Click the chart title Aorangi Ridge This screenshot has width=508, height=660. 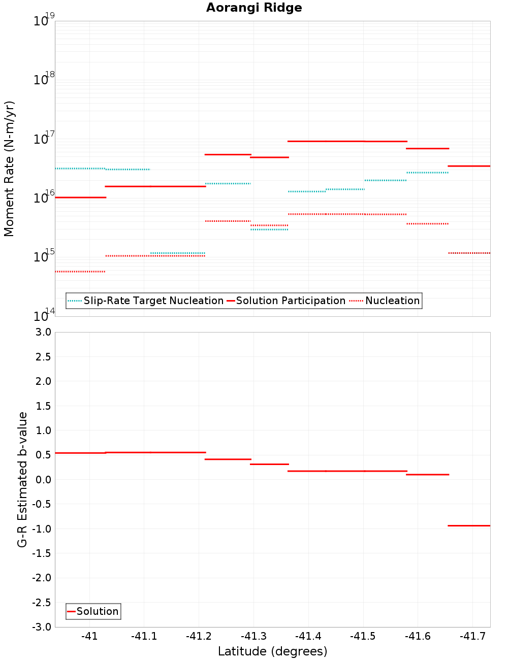tap(254, 8)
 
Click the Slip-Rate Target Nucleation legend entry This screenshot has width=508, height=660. tap(153, 301)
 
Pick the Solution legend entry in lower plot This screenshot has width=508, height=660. tap(97, 612)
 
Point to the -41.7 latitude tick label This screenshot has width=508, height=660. tap(472, 637)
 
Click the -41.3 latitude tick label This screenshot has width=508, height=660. tap(253, 637)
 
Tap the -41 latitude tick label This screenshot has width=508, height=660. tap(89, 637)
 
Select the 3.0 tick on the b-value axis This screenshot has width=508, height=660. tap(43, 333)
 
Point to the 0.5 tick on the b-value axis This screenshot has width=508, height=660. tap(43, 455)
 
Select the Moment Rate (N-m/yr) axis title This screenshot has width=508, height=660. tap(9, 169)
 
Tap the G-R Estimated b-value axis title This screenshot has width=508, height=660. tap(22, 480)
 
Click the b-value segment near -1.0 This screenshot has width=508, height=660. tap(469, 526)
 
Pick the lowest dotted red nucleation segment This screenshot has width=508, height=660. tap(80, 272)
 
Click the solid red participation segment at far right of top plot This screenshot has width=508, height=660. tap(469, 166)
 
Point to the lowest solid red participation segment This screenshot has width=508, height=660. tap(80, 197)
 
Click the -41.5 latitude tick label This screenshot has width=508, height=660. tap(363, 637)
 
